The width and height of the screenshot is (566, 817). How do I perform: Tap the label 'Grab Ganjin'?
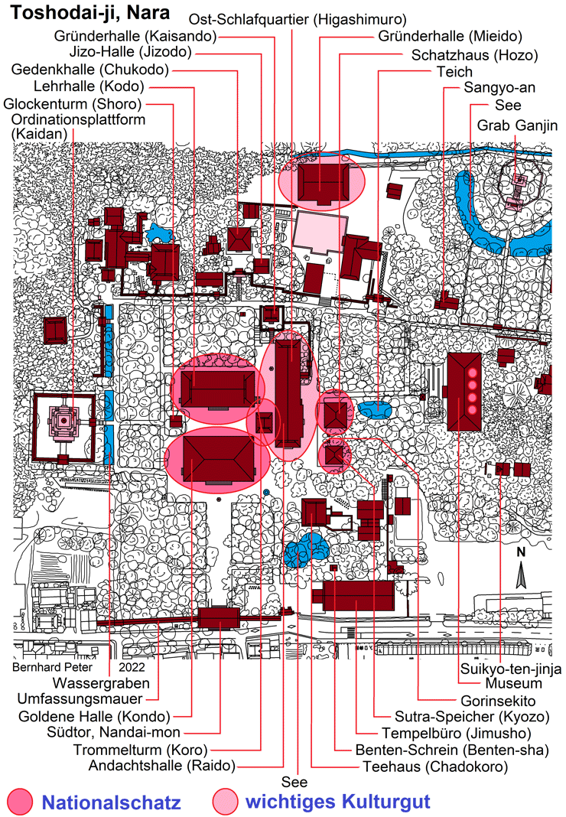(x=519, y=125)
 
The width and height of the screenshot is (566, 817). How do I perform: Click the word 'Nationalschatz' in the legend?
(x=111, y=802)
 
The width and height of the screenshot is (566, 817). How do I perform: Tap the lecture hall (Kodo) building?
(x=219, y=389)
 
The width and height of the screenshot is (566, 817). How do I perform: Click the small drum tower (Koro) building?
(x=265, y=422)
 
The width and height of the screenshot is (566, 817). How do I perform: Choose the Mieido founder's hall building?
(x=321, y=184)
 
